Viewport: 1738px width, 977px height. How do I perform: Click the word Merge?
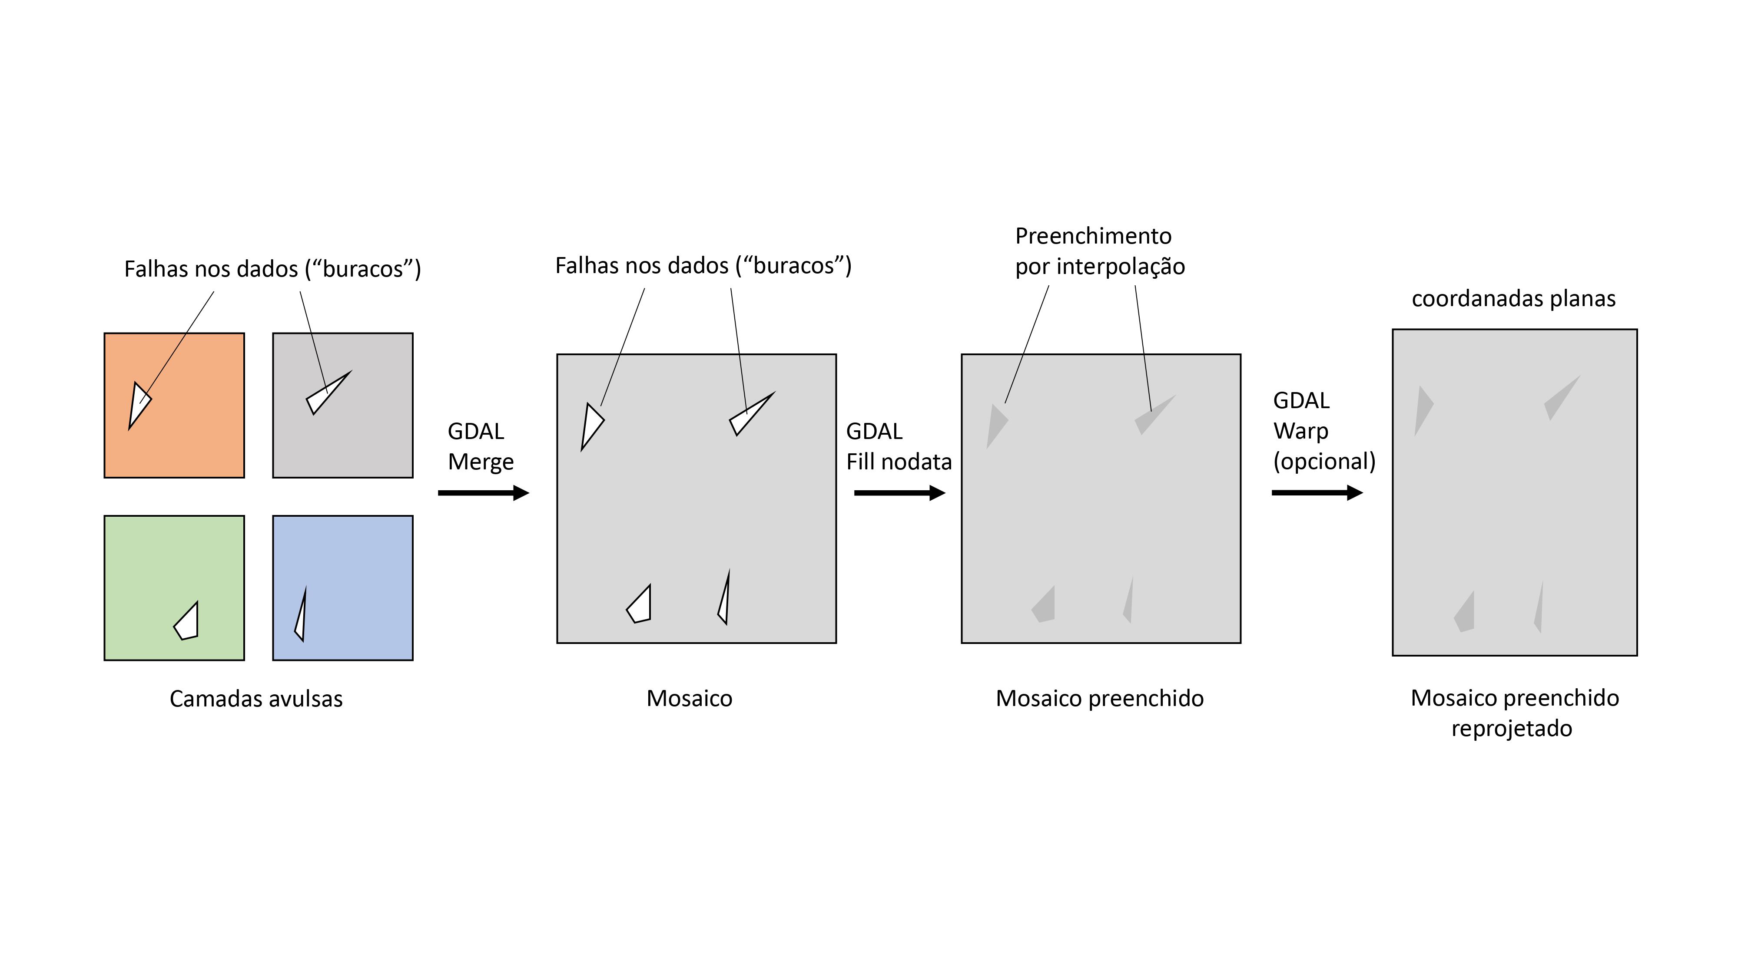coord(481,462)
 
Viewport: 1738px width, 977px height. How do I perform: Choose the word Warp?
coord(1300,431)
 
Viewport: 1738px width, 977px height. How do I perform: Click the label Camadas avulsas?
coord(256,699)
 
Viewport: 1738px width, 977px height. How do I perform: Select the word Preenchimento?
coord(1093,236)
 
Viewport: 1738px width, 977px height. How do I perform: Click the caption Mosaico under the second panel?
coord(689,699)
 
